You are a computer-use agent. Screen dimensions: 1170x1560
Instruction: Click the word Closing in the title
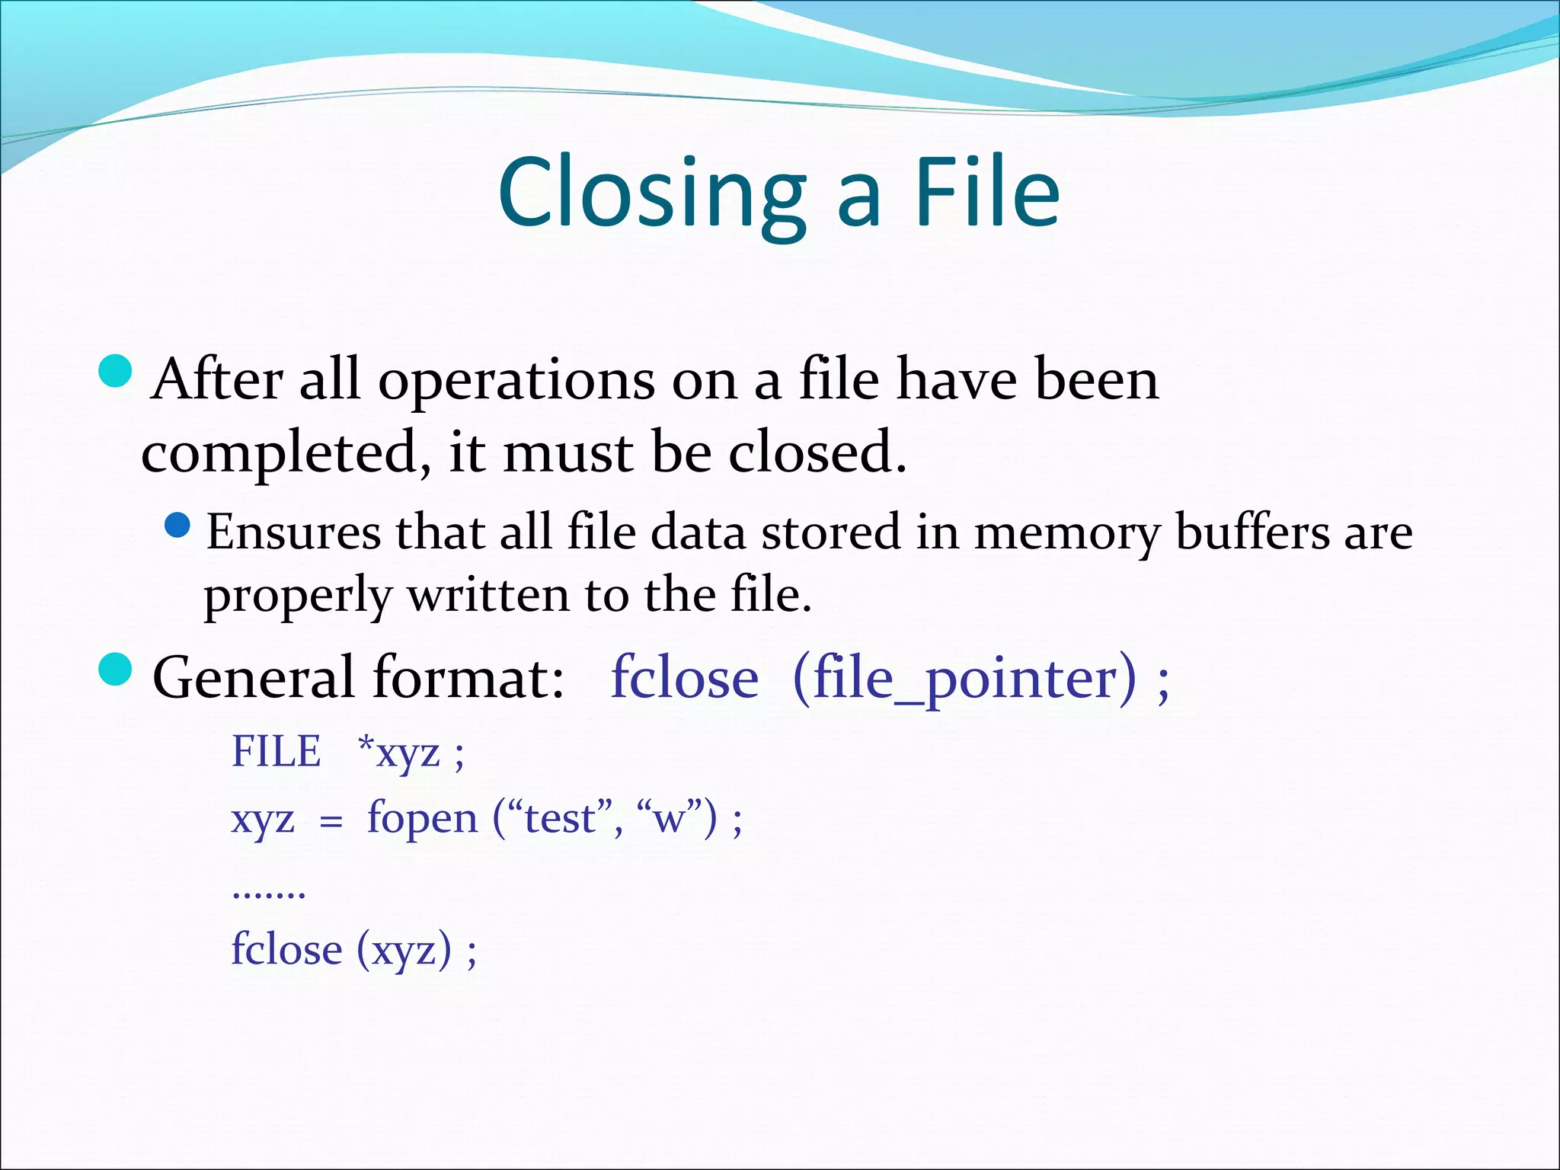[x=651, y=194]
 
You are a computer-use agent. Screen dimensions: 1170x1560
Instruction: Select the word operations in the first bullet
[x=516, y=381]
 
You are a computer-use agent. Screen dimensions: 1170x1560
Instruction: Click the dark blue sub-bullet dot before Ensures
[x=177, y=526]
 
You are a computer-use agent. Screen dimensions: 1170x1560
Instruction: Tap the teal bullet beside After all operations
[x=116, y=372]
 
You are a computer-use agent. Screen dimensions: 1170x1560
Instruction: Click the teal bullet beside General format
[x=116, y=670]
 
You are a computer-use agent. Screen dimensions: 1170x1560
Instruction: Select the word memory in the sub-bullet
[x=1066, y=533]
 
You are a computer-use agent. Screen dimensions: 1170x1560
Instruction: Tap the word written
[x=488, y=595]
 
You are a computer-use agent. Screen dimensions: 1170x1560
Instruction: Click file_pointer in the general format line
[x=964, y=678]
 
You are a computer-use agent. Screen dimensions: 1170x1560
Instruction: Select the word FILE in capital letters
[x=276, y=752]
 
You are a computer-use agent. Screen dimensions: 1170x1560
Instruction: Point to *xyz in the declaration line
[x=399, y=753]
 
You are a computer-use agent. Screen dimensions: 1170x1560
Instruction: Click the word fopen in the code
[x=422, y=820]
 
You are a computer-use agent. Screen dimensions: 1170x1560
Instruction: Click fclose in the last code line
[x=286, y=951]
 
